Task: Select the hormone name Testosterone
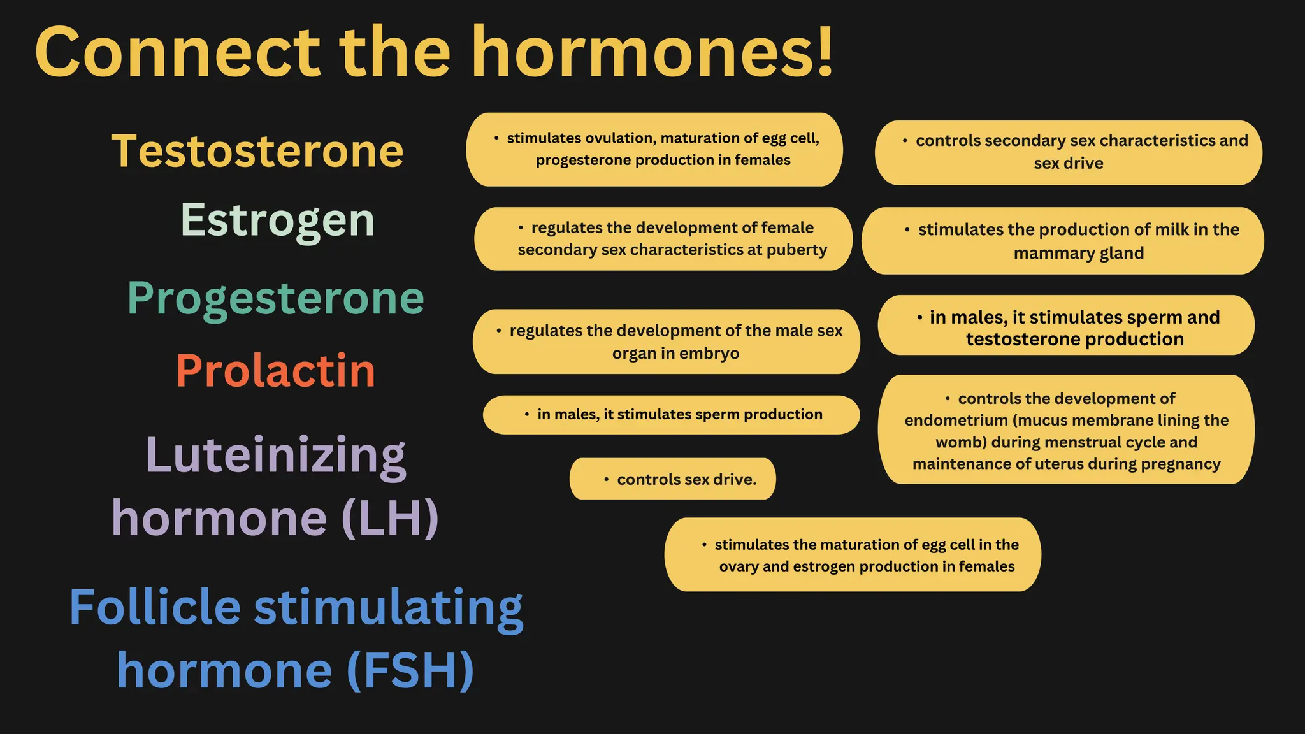click(x=257, y=152)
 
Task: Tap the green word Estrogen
click(x=278, y=220)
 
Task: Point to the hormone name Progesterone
click(x=275, y=298)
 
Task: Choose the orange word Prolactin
click(x=275, y=371)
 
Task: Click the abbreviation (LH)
click(x=390, y=517)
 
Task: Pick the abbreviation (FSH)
click(x=410, y=670)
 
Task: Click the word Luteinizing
click(x=276, y=455)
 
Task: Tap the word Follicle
click(x=155, y=607)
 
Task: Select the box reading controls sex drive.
click(x=672, y=479)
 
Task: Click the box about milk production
click(x=1062, y=241)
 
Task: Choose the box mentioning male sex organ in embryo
click(x=666, y=342)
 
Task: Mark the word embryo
click(x=709, y=354)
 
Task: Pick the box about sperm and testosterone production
click(x=1066, y=325)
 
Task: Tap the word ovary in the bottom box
click(x=739, y=566)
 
